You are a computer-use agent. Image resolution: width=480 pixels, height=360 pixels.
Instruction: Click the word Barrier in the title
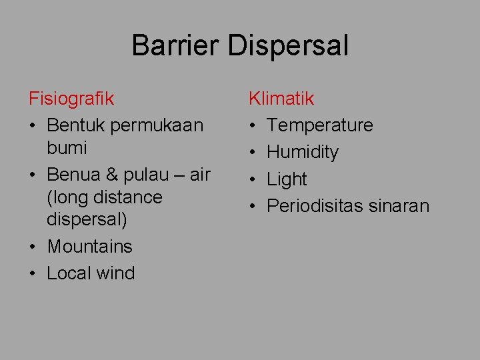[x=175, y=46]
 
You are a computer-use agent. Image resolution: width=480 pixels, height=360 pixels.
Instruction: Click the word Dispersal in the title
[x=287, y=46]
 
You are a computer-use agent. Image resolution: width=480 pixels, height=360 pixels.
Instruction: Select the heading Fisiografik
[x=71, y=99]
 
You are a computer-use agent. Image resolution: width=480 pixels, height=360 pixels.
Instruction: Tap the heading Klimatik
[x=281, y=99]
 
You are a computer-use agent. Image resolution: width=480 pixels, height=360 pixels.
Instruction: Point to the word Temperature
[x=320, y=125]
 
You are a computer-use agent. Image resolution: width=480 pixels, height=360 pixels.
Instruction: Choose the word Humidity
[x=303, y=152]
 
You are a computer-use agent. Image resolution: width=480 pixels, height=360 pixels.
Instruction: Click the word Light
[x=287, y=179]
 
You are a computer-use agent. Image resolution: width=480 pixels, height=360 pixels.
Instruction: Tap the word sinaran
[x=399, y=206]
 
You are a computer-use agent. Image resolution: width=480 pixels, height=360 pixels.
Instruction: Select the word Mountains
[x=90, y=247]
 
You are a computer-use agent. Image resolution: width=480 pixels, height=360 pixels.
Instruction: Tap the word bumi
[x=67, y=147]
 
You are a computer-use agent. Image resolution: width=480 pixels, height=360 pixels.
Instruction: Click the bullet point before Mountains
[x=33, y=247]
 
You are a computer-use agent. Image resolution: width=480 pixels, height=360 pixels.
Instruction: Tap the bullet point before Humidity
[x=253, y=153]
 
